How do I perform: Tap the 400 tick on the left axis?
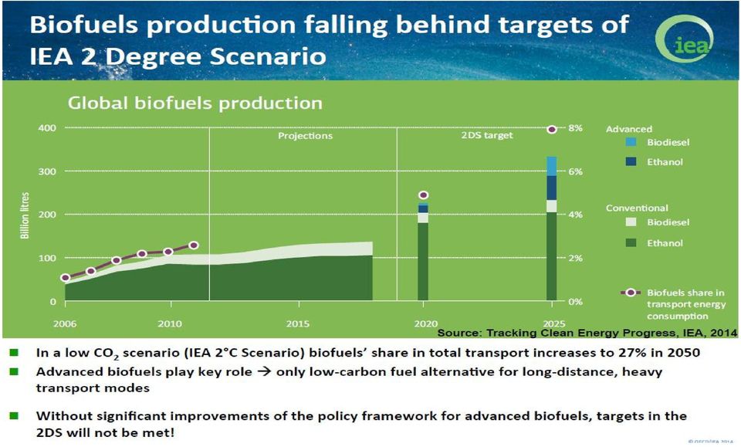(47, 128)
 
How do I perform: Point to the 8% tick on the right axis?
(576, 128)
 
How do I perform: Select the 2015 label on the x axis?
(298, 323)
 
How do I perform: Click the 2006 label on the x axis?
(65, 323)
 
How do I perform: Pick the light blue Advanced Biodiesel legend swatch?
(631, 142)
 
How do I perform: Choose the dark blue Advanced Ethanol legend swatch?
(631, 161)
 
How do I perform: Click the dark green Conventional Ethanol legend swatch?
(631, 243)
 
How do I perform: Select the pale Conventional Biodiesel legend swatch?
(631, 222)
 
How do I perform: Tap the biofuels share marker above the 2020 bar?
(424, 195)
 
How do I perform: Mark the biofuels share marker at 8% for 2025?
(551, 130)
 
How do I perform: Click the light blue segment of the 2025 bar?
(551, 166)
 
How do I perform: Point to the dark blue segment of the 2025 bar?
(551, 188)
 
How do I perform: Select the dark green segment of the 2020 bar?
(423, 262)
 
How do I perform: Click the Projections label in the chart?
(306, 136)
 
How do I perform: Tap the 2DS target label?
(487, 136)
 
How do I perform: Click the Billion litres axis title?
(25, 215)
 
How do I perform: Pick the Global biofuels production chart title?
(195, 103)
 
